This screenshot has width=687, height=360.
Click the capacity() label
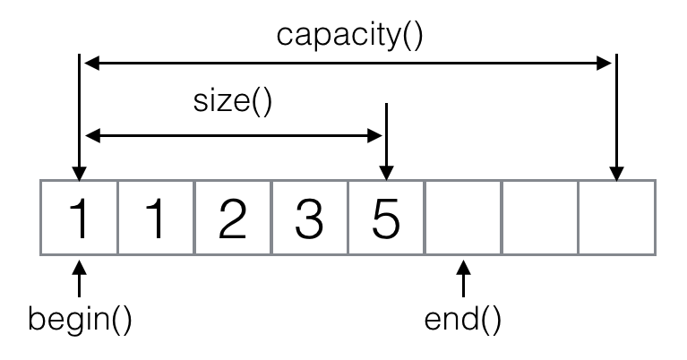[349, 36]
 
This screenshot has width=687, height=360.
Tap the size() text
[233, 101]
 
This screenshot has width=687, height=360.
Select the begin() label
[80, 320]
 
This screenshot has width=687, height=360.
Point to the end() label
[463, 320]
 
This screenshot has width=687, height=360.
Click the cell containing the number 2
[233, 218]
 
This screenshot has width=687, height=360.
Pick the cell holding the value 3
[310, 218]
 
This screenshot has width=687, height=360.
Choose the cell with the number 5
[386, 218]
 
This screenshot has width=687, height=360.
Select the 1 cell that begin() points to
[79, 218]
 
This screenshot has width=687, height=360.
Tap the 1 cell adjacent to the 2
[156, 218]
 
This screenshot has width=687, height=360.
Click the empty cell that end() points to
[463, 218]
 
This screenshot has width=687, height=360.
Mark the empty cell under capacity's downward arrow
[617, 218]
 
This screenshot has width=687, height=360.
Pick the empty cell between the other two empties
[540, 218]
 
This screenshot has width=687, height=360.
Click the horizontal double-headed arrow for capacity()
[348, 64]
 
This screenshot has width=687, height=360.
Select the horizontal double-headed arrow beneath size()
[234, 136]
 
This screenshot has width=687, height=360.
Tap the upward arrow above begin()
[79, 279]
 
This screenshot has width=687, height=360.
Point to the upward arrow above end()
[463, 279]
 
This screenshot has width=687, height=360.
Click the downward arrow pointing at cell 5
[386, 141]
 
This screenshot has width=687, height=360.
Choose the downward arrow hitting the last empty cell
[617, 117]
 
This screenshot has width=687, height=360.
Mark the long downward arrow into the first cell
[79, 117]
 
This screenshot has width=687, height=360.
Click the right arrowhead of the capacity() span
[605, 64]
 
